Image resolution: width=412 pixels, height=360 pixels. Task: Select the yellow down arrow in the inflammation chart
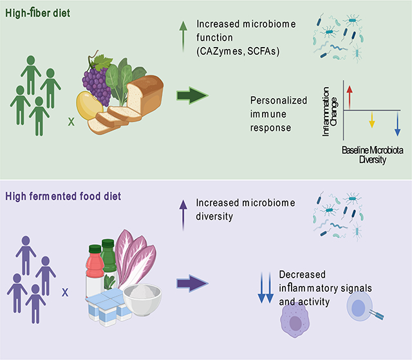371,120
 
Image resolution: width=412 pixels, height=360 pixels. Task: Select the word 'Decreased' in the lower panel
299,275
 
